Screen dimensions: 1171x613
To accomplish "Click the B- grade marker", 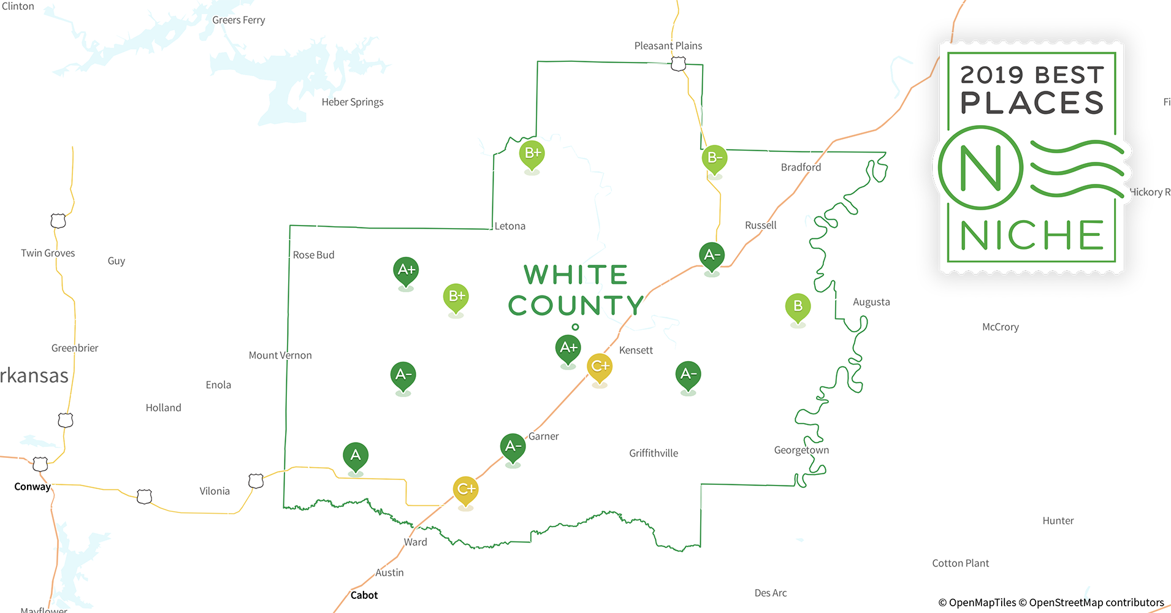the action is tap(714, 158).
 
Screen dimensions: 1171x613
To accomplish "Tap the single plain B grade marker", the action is tap(798, 306).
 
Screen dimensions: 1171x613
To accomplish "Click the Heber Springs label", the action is tap(353, 102).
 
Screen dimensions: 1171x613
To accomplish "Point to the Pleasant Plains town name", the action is tap(668, 46).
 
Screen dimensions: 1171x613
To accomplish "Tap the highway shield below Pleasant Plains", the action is tap(678, 64).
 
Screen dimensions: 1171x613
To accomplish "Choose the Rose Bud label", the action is tap(313, 255).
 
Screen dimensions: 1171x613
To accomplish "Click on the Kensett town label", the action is tap(636, 351).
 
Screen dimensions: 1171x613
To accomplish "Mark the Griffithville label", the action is tap(654, 454).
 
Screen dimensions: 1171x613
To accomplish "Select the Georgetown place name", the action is tap(801, 451).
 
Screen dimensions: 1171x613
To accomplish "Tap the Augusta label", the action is tap(871, 302).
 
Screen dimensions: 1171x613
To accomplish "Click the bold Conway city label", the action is tap(32, 487).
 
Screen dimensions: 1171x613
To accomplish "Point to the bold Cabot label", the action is tap(364, 595).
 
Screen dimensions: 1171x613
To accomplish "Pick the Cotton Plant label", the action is tap(960, 563).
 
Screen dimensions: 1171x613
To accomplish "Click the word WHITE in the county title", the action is tap(576, 275).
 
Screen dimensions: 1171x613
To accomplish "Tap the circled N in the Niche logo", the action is tap(980, 167).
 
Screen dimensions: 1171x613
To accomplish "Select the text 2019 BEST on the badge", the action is tap(1032, 75).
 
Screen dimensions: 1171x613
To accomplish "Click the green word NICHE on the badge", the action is tap(1032, 236).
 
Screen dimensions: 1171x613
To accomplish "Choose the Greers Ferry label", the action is tap(238, 20).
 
